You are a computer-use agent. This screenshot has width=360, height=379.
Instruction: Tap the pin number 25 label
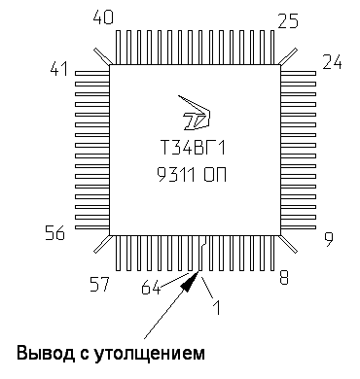click(287, 19)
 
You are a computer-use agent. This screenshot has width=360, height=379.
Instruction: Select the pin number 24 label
click(332, 65)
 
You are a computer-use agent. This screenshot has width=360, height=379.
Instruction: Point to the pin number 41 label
click(60, 70)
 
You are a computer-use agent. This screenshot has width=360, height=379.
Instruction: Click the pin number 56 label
click(56, 232)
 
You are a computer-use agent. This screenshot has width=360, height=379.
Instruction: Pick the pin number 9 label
click(328, 238)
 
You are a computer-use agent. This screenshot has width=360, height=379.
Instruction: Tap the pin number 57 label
click(100, 284)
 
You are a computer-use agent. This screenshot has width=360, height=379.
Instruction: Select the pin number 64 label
click(151, 288)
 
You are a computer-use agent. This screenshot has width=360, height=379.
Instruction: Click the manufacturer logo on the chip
click(196, 116)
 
